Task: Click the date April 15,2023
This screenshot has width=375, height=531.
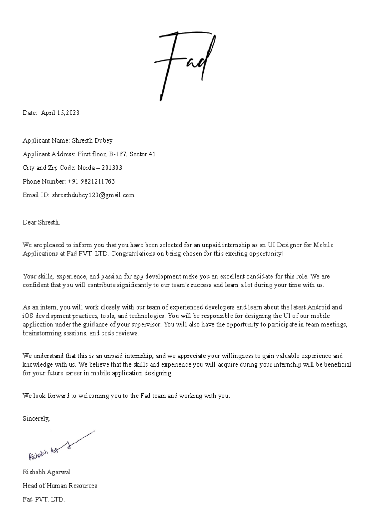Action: click(60, 113)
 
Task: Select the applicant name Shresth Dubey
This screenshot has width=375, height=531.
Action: click(92, 141)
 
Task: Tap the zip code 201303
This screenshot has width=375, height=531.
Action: click(112, 168)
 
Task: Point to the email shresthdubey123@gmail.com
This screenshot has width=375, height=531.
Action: click(93, 195)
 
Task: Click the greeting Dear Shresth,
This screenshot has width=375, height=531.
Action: click(41, 222)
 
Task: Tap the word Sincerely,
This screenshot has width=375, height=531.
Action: click(36, 418)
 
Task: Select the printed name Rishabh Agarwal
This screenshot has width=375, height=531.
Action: click(46, 472)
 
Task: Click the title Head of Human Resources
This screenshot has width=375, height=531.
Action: click(60, 486)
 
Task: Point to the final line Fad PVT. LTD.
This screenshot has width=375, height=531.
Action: click(43, 499)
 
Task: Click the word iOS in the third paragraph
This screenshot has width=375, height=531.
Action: click(27, 316)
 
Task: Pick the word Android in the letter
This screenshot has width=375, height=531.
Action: click(319, 307)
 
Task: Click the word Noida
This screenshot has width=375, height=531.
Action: click(86, 168)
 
